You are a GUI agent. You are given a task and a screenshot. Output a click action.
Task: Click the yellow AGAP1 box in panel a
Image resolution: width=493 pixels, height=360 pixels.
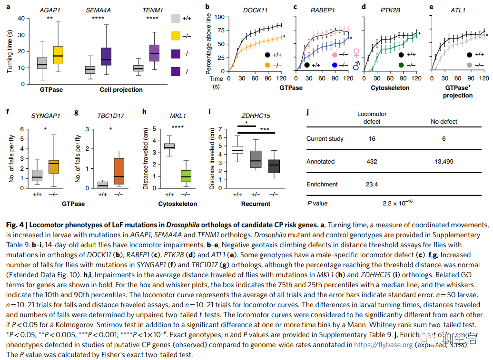tap(59, 58)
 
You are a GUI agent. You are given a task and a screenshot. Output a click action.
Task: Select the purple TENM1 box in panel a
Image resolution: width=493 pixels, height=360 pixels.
tap(154, 53)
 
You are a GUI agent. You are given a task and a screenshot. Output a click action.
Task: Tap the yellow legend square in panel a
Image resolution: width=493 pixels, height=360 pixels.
tap(176, 36)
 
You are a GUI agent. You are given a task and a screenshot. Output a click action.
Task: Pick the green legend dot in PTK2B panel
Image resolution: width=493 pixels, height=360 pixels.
tap(402, 65)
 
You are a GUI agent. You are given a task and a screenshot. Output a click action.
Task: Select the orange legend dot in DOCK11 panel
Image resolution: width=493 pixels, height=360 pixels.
tap(267, 65)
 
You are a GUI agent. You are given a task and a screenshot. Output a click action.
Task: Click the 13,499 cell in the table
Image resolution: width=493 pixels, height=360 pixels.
tap(444, 162)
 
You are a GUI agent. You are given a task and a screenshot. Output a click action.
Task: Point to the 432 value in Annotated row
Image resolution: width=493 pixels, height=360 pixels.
tap(372, 162)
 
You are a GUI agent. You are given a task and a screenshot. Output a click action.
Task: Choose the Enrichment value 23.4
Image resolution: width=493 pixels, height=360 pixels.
tap(372, 185)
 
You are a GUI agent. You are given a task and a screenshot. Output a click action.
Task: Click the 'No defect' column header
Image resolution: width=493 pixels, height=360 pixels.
tap(444, 122)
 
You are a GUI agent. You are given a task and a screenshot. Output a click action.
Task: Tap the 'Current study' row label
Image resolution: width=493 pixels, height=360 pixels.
tap(325, 139)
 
